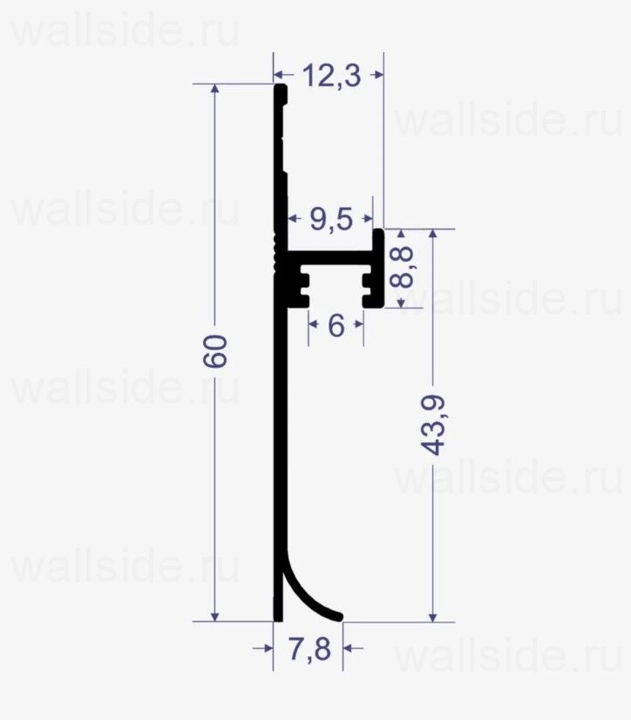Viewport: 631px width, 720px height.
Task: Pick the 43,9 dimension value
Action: [433, 425]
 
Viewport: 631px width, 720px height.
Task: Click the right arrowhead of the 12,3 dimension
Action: [377, 76]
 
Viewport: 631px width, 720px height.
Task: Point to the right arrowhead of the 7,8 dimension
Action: [349, 648]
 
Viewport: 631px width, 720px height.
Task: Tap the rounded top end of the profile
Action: [280, 89]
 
